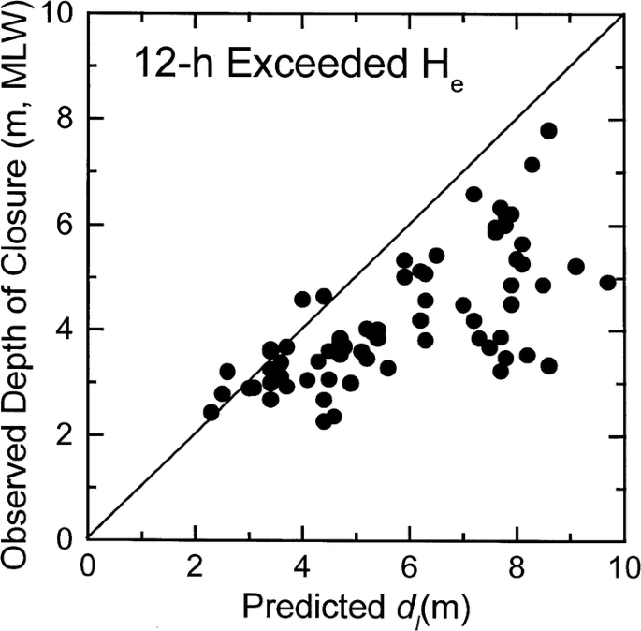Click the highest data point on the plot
pos(548,131)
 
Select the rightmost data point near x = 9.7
pos(607,283)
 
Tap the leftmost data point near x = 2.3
pos(211,412)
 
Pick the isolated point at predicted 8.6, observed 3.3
pos(549,365)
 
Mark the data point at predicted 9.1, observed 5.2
pos(575,266)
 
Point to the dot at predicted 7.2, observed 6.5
pos(473,195)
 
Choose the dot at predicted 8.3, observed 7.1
pos(532,165)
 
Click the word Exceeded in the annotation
pos(286,67)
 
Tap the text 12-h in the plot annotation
pos(166,67)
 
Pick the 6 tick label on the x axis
pos(409,567)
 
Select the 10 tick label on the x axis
pos(622,567)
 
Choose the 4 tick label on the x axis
pos(302,567)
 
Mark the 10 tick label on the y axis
pos(64,15)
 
